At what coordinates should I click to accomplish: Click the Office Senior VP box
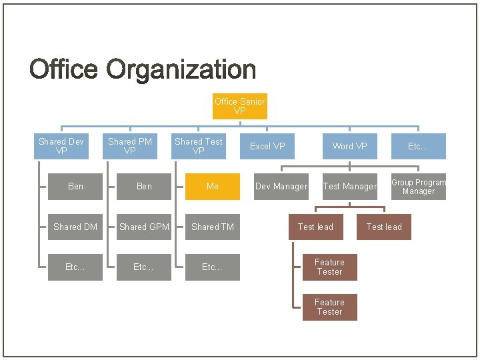pos(239,107)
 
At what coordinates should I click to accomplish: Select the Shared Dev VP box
pos(61,146)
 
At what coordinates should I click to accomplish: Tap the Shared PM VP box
pos(130,146)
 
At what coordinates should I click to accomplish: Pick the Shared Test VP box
pos(198,146)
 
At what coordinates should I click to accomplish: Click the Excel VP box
pos(267,146)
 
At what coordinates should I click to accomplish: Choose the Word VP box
pos(349,146)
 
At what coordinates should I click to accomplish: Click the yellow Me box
pos(212,187)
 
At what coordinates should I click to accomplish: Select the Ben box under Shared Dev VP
pos(75,187)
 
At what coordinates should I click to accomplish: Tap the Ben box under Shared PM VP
pos(144,187)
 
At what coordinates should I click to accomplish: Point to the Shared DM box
pos(75,227)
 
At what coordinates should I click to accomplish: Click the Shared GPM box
pos(144,227)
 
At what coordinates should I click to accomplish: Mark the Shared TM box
pos(212,227)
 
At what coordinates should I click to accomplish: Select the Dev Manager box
pos(281,187)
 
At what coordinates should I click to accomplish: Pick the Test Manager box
pos(349,187)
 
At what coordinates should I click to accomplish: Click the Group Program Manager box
pos(418,187)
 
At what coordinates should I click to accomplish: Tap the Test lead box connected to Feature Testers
pos(315,227)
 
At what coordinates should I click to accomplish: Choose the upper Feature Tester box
pos(329,267)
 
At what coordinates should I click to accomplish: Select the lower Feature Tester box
pos(329,307)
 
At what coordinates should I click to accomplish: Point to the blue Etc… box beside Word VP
pos(418,146)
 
